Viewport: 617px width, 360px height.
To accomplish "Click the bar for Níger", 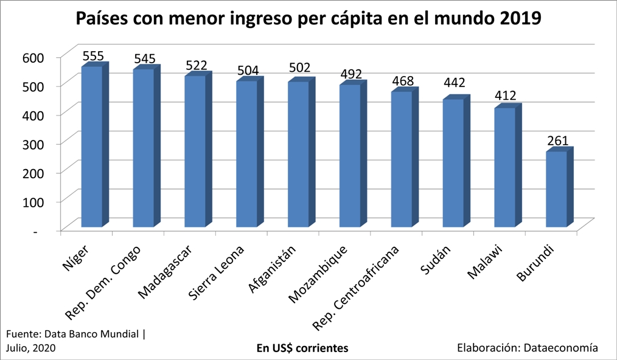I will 92,146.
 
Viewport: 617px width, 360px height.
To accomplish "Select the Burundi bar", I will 556,189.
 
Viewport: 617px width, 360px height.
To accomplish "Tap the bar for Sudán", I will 453,163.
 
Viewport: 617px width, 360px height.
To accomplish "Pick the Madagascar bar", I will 195,151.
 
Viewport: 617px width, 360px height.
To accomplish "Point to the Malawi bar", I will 504,167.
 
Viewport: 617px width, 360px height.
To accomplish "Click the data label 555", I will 93,56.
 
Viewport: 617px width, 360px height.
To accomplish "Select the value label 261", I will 557,141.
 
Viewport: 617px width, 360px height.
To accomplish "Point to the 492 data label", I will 351,74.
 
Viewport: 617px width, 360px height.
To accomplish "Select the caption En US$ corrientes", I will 302,348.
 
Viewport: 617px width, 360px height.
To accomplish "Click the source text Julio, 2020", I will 31,348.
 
